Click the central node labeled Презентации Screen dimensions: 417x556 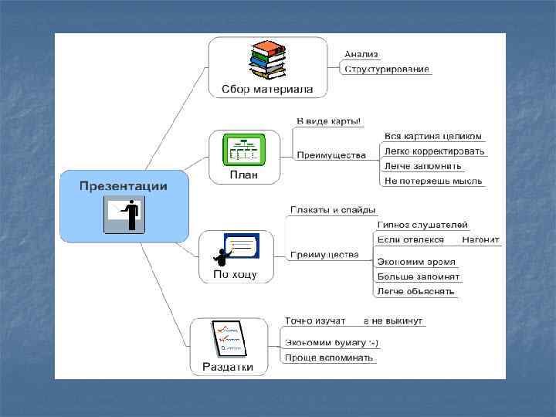coord(124,186)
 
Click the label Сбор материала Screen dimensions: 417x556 coord(267,90)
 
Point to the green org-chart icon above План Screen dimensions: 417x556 coord(243,148)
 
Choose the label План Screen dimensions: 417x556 coord(243,175)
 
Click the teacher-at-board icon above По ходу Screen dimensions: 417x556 coord(236,249)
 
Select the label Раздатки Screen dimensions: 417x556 coord(228,366)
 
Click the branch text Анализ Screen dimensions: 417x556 coord(361,54)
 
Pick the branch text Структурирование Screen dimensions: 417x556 coord(387,69)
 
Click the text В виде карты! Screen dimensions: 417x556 coord(329,121)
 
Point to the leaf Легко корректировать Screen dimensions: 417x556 coord(434,151)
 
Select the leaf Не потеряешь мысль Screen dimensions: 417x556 coord(433,181)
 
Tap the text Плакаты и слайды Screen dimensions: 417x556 coord(333,209)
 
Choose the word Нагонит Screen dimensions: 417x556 coord(481,239)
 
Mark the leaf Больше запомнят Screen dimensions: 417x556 coord(419,276)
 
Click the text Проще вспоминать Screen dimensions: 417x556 coord(329,358)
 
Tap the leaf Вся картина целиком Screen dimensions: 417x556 coord(433,136)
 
